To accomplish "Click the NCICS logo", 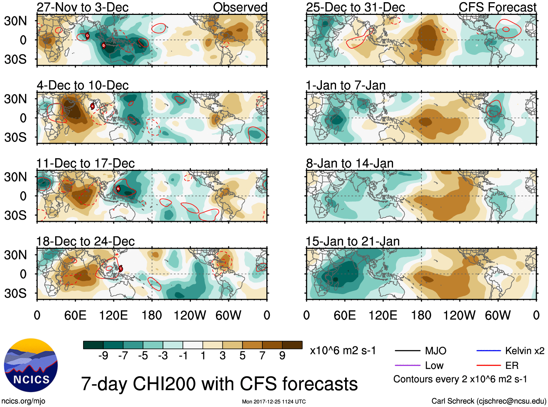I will click(x=31, y=365).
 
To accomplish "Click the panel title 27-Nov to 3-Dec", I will click(x=82, y=7).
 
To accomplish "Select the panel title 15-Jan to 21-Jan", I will click(x=352, y=241).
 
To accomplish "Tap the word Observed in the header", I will click(x=240, y=7).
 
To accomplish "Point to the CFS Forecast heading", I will click(x=497, y=7).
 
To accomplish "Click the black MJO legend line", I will click(x=407, y=351).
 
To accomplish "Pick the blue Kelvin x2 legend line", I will click(x=488, y=351).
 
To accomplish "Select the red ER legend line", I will click(x=488, y=365).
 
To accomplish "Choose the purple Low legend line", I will click(x=407, y=365).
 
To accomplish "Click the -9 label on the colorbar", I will click(x=103, y=356).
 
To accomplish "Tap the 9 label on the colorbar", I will click(x=282, y=356).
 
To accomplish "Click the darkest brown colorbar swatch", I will click(x=292, y=345).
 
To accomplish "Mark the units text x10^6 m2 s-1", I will click(x=343, y=351).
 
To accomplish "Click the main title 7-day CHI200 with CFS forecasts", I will click(x=219, y=384).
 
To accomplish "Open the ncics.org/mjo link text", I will click(x=23, y=401).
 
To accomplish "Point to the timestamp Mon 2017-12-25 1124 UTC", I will click(x=274, y=402).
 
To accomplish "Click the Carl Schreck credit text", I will click(x=488, y=401).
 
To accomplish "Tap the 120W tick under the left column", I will click(x=190, y=315).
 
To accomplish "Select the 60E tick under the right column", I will click(x=345, y=315).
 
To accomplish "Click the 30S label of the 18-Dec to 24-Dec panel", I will click(x=15, y=293).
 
